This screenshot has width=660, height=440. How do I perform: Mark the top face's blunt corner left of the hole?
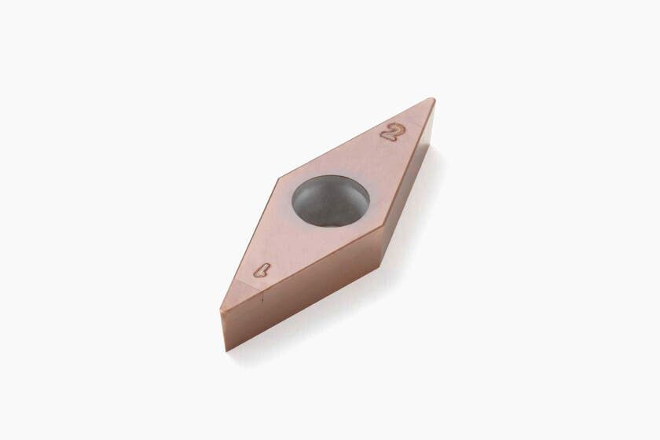point(276,181)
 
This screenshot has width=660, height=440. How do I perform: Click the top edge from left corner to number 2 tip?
point(354,139)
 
